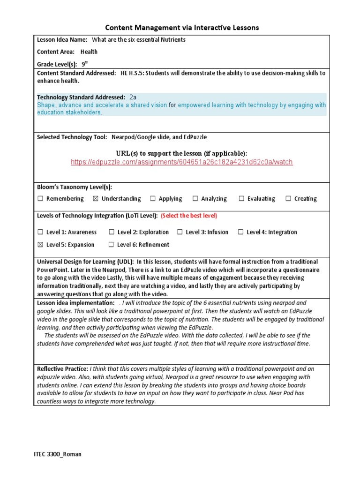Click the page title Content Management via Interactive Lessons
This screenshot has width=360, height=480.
pos(181,28)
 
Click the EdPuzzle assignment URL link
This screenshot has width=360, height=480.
pos(181,162)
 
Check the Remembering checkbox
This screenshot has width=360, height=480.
pos(40,199)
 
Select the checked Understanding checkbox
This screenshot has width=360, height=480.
pos(96,199)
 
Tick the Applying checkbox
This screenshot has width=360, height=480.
pos(153,199)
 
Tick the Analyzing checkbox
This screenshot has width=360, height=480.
pos(195,199)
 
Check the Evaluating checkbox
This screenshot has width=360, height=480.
pos(241,199)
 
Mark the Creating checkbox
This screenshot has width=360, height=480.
pos(288,199)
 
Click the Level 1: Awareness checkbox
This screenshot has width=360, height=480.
pos(40,232)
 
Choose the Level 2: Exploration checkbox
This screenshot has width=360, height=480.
pos(112,232)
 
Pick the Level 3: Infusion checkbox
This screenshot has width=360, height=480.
pos(180,232)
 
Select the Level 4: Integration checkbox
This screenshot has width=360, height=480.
pos(240,232)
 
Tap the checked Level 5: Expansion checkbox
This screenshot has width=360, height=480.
pos(40,245)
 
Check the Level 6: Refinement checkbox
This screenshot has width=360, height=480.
pos(111,245)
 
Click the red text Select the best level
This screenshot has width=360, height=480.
pos(189,216)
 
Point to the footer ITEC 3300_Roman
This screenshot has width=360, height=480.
pos(58,454)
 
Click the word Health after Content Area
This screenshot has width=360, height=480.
pos(89,52)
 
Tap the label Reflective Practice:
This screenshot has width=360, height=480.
pos(62,369)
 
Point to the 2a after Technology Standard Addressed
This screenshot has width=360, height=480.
pos(133,97)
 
